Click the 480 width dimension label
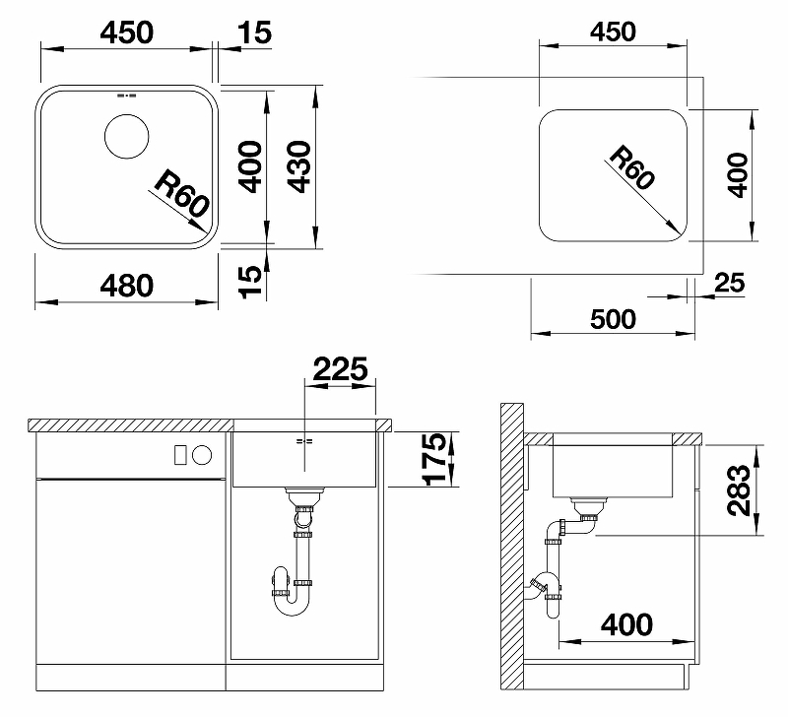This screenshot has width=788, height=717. tap(127, 286)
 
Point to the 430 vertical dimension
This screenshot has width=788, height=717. tap(300, 166)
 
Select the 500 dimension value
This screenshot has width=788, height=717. tap(613, 319)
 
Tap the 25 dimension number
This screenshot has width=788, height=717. tap(729, 283)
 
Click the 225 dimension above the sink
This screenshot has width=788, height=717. tap(340, 369)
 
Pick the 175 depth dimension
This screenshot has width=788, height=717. tap(434, 459)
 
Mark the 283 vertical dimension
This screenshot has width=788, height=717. tap(739, 489)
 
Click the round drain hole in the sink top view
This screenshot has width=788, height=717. tap(127, 137)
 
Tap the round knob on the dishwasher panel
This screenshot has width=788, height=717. tap(203, 455)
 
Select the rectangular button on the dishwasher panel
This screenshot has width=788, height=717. tap(180, 455)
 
